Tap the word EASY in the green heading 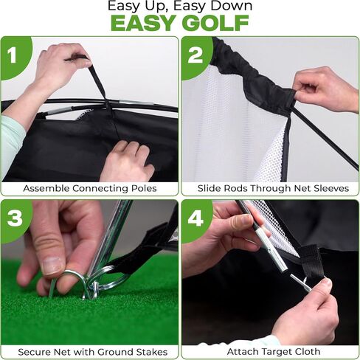tap(145, 23)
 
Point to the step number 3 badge tap(15, 218)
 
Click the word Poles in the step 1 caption tap(144, 189)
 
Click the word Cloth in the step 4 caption tap(308, 352)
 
